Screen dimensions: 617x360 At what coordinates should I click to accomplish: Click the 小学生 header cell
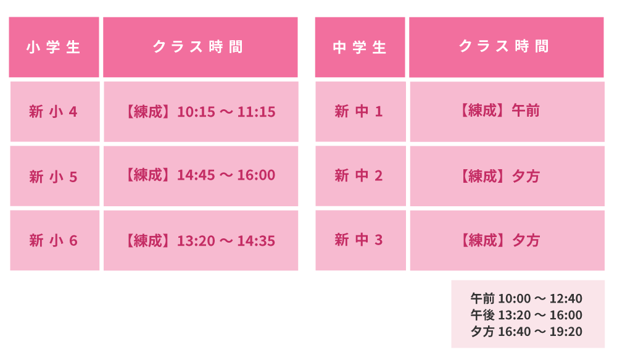[54, 47]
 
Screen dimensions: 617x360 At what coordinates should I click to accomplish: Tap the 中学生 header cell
[360, 47]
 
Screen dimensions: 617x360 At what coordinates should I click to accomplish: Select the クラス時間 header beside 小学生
[201, 47]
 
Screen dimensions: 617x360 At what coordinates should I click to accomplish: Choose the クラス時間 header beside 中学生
[507, 47]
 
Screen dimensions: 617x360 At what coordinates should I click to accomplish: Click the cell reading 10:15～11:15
[201, 112]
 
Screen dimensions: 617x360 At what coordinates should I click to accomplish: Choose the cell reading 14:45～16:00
[201, 176]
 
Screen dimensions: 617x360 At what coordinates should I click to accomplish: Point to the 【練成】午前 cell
[507, 112]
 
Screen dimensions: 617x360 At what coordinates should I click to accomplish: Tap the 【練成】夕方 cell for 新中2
[507, 176]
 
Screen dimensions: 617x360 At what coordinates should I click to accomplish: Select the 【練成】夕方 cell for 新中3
[507, 240]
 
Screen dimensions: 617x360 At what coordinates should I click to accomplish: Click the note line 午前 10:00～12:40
[526, 298]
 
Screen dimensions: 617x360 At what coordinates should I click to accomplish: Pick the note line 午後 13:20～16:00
[526, 315]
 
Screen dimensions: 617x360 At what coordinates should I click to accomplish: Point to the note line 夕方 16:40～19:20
[526, 332]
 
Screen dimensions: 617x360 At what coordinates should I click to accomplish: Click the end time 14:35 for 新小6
[256, 241]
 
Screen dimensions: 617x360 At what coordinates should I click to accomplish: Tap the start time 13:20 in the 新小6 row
[196, 241]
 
